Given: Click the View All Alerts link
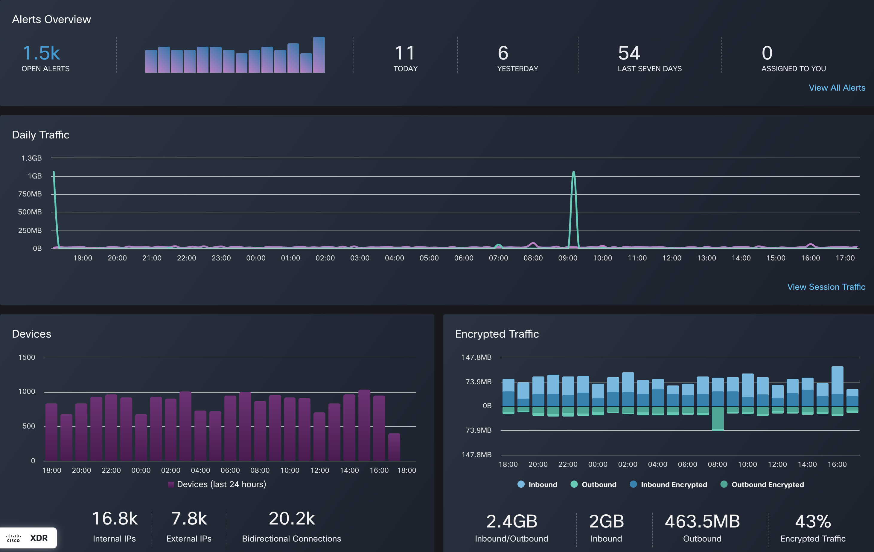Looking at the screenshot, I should pyautogui.click(x=837, y=88).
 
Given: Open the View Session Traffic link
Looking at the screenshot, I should pyautogui.click(x=826, y=287).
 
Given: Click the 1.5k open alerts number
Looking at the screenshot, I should pyautogui.click(x=41, y=53).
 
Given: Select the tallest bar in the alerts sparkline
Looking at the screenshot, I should pyautogui.click(x=319, y=55).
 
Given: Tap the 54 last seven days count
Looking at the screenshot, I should pyautogui.click(x=629, y=53).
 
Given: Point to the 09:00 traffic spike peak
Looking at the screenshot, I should pyautogui.click(x=573, y=172).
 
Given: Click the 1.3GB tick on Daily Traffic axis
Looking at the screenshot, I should pyautogui.click(x=32, y=158).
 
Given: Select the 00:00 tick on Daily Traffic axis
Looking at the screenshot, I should pyautogui.click(x=255, y=258).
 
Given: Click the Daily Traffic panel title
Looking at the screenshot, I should pyautogui.click(x=41, y=135).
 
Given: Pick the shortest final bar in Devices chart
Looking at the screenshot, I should pyautogui.click(x=394, y=447).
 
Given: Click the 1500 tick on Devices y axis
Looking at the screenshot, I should pyautogui.click(x=27, y=357).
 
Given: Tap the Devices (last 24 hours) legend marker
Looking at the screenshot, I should pyautogui.click(x=171, y=484).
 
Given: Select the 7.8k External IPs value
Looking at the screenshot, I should pyautogui.click(x=189, y=519).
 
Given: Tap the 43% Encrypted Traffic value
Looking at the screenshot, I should pyautogui.click(x=813, y=521).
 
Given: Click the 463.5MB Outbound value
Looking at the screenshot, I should pyautogui.click(x=702, y=521).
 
